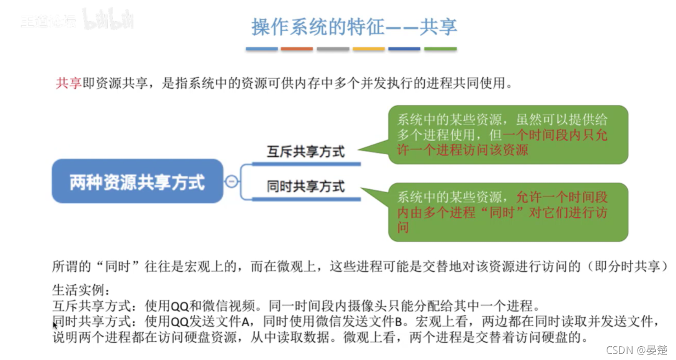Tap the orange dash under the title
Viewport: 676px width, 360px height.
(x=297, y=49)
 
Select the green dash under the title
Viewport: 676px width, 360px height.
(x=441, y=49)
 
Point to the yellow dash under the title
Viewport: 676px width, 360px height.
(x=369, y=49)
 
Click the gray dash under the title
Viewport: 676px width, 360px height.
(x=333, y=49)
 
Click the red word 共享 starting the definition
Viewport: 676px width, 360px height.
(x=69, y=83)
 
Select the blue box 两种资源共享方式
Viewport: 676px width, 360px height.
(x=137, y=182)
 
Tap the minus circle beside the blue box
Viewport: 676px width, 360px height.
(x=232, y=181)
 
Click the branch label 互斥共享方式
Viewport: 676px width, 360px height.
(x=306, y=151)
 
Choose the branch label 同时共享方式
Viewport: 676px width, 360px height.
(x=306, y=187)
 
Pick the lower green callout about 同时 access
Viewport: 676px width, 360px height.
(x=508, y=212)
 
